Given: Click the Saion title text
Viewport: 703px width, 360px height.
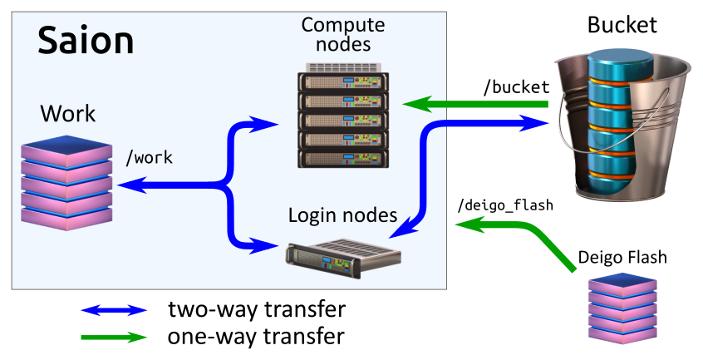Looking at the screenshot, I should click(86, 41).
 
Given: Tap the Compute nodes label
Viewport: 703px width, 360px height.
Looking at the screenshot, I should click(342, 34).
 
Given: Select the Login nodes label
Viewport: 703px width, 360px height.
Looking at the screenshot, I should click(342, 215).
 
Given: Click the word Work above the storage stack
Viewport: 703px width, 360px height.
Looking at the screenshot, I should click(68, 114).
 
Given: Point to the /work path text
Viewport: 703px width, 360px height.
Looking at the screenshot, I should click(149, 157).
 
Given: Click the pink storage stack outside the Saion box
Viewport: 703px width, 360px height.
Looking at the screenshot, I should click(622, 307).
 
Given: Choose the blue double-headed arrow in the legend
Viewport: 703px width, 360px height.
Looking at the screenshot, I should click(114, 310).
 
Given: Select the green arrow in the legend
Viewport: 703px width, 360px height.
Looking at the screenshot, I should click(114, 338).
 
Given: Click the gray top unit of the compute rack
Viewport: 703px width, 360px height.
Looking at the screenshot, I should click(343, 67).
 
